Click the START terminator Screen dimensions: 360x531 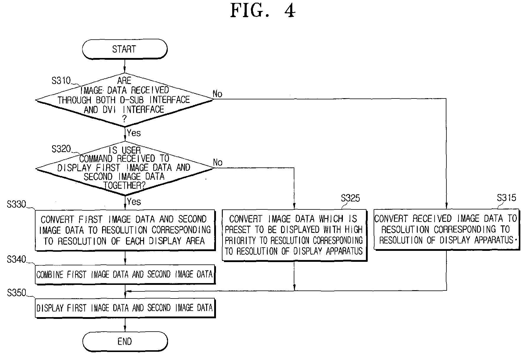click(125, 49)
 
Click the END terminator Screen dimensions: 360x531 click(125, 342)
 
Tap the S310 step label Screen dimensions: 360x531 click(61, 80)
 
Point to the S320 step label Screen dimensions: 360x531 click(61, 149)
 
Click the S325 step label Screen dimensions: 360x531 click(350, 198)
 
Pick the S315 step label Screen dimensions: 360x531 click(506, 198)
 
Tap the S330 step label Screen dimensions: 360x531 click(16, 204)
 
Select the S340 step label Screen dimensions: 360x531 click(16, 259)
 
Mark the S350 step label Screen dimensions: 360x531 click(16, 293)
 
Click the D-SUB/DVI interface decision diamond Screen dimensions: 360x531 click(124, 100)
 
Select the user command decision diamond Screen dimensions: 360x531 click(124, 168)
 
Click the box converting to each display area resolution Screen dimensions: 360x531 click(125, 230)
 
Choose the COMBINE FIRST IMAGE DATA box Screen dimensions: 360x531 click(125, 275)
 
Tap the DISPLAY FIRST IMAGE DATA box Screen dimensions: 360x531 click(125, 308)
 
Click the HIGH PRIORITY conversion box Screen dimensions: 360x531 click(294, 235)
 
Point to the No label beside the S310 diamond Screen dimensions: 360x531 click(217, 94)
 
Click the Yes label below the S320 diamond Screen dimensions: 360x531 click(134, 201)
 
